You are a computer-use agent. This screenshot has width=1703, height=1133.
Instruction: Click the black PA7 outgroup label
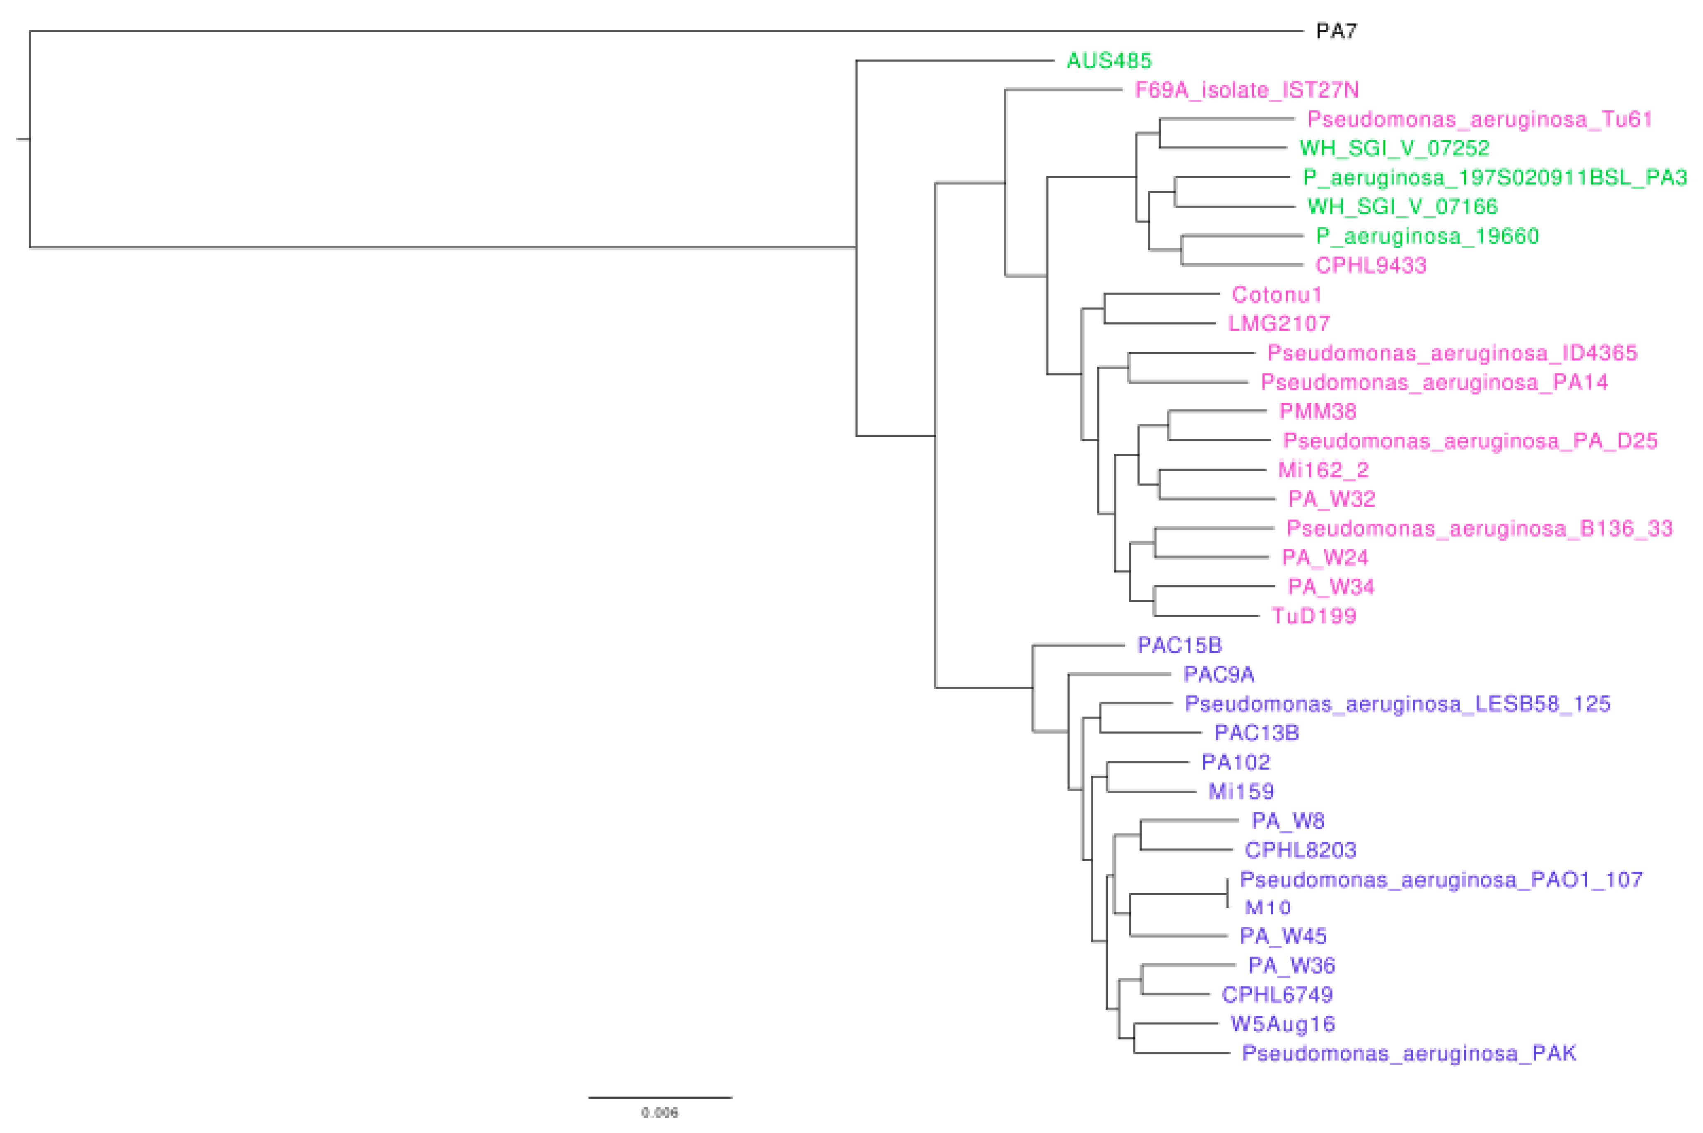click(1336, 31)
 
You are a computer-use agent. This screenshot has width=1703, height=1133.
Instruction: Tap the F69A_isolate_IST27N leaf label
click(1246, 90)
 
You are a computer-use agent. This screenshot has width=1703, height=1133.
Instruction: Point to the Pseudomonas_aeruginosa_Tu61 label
click(1480, 119)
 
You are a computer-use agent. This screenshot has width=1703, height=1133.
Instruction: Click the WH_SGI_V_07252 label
click(1394, 148)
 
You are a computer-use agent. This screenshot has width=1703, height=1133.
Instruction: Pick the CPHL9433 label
click(1371, 265)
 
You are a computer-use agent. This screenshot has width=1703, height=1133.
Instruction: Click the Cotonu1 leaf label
click(1277, 295)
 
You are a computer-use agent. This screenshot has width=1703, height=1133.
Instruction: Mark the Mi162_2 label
click(1323, 469)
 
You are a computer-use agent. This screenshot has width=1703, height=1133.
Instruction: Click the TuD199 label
click(1314, 616)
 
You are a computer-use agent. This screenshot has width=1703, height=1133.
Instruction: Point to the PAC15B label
click(1179, 645)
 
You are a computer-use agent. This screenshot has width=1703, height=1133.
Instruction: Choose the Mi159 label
click(1241, 791)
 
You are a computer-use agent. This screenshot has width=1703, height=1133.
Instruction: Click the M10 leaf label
click(1267, 908)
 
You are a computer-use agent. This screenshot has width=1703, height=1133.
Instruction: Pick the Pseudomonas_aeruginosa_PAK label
click(1408, 1053)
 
